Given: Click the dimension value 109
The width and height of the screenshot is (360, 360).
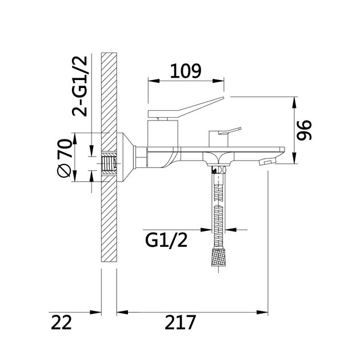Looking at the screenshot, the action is pos(186,71).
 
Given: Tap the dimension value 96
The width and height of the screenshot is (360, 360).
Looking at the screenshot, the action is pos(304,130).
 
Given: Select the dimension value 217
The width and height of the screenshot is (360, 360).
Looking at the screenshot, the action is pos(181,322).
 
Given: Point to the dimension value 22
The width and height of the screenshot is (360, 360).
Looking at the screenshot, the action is pos(61,322).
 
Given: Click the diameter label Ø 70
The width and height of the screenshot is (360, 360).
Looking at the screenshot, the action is pos(65,158).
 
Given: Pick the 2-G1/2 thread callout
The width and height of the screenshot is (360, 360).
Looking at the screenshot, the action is pos(79,86).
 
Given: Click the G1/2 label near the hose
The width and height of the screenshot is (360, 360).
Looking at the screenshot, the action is pos(166,241).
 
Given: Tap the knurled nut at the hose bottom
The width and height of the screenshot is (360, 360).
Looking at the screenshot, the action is pos(218,257).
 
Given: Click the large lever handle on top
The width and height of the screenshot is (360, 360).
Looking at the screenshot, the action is pos(186,107).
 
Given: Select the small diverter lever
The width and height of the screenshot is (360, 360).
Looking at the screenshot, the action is pos(230,131).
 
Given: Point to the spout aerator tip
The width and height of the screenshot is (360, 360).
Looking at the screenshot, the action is pos(266,162).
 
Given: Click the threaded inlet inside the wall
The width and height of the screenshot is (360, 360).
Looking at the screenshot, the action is pos(109,163).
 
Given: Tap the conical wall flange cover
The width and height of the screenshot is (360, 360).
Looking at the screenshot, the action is pos(125,158).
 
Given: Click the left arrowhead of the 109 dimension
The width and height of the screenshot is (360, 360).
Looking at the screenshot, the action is pos(154,81).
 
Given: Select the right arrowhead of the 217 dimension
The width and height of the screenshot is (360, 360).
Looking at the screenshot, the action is pos(262,312).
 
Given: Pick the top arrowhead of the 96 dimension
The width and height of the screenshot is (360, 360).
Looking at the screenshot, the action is pos(294,102).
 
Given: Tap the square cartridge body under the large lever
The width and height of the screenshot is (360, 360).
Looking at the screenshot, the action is pos(163,133).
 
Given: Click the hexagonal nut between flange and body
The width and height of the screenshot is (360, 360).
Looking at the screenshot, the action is pos(141,158).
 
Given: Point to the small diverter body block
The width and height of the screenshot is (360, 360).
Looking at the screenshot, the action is pos(218,139).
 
